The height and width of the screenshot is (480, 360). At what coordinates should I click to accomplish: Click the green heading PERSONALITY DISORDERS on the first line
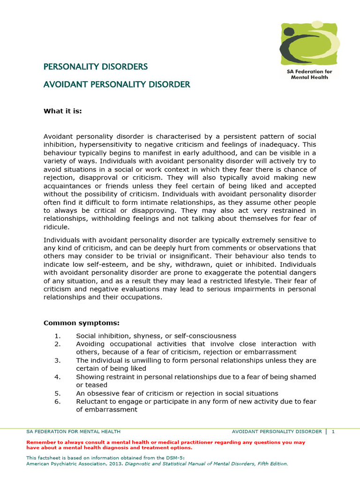point(96,67)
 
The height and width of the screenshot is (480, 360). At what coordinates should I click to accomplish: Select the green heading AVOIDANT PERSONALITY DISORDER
point(117,84)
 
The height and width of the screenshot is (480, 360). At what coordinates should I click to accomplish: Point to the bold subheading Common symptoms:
point(81,323)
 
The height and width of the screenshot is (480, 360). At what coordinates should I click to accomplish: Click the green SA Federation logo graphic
point(309,45)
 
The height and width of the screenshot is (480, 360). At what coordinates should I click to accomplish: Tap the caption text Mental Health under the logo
point(309,77)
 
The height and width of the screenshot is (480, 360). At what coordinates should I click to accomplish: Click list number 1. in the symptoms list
point(58,336)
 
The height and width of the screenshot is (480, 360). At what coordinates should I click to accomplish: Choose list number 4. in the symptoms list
point(58,377)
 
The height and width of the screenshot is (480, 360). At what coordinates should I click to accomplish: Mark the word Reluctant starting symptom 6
point(93,401)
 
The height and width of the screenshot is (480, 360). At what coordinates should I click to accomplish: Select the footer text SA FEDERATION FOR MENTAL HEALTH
point(73,431)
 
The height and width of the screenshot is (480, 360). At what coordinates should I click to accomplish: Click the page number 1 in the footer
point(333,431)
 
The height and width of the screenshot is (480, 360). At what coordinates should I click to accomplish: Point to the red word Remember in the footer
point(41,442)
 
